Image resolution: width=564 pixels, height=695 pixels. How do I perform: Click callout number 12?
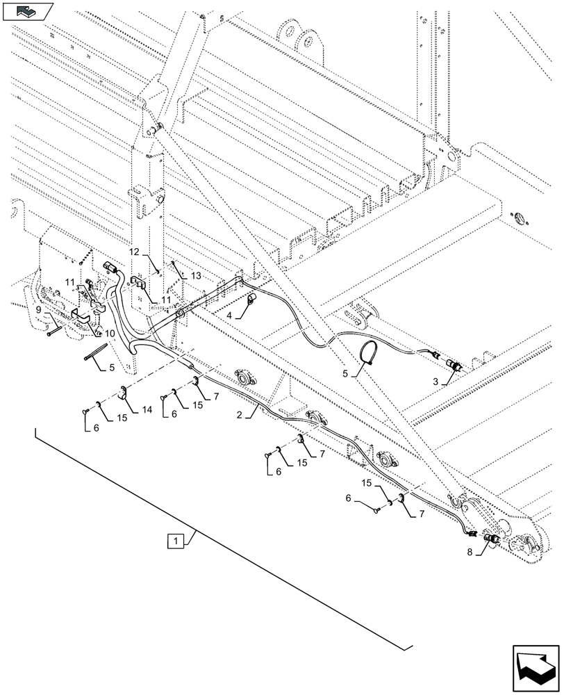tap(134, 251)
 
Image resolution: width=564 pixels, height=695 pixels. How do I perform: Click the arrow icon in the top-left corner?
tap(28, 10)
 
